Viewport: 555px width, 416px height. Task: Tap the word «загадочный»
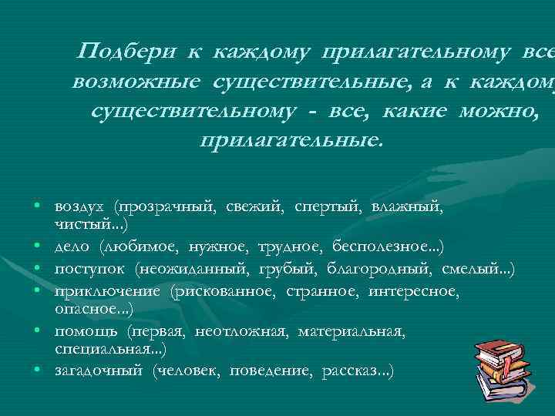[99, 371]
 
